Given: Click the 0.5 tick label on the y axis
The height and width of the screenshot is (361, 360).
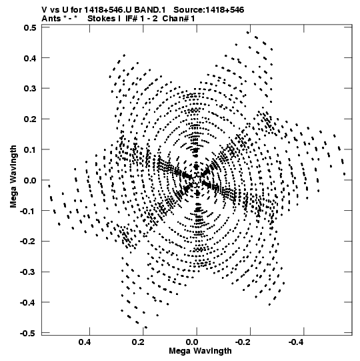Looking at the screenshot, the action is point(30,28).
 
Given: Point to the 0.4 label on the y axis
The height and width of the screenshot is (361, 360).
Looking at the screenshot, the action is point(30,58).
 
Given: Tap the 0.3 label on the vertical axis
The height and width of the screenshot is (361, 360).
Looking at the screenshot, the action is point(30,89).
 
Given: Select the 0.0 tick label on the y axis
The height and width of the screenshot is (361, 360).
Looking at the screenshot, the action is point(30,180).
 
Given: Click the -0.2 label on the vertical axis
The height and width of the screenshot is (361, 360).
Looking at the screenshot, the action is point(28,242).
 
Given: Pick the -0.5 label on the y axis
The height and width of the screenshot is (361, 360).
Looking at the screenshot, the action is point(28,334).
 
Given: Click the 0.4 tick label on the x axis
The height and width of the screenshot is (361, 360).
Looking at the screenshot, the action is point(85,342).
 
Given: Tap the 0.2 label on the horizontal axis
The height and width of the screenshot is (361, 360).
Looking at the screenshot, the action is point(139,342).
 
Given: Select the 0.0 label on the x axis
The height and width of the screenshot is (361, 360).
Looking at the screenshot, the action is point(192,342).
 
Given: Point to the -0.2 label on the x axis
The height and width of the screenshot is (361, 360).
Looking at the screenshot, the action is point(243,342).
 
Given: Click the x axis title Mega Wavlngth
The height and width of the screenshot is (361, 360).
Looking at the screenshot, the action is point(200,352).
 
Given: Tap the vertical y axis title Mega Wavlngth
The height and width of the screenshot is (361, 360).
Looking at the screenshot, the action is point(13,177).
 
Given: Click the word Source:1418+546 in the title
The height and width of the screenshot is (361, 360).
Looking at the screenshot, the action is point(209,10).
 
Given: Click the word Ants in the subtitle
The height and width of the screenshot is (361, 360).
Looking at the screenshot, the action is point(51,19).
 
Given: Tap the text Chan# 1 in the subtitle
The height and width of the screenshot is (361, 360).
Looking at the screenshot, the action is point(179,19).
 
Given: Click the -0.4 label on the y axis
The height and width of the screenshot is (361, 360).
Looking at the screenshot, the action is point(28,303).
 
